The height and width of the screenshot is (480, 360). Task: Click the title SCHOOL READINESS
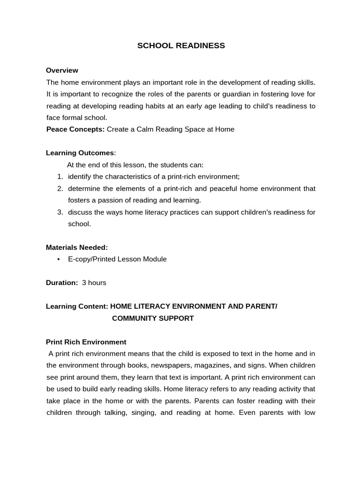(181, 45)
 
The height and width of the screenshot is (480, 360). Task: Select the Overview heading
(62, 70)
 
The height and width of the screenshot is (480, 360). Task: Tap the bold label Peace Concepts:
(75, 129)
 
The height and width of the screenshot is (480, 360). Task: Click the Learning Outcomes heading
(80, 153)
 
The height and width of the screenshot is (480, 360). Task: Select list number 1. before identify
(60, 177)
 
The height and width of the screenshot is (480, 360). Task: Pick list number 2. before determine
(60, 188)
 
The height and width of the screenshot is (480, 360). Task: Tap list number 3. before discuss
(60, 212)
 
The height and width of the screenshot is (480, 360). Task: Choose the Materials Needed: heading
(77, 247)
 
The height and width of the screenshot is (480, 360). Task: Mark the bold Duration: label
(62, 283)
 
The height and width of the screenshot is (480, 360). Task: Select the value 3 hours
(94, 283)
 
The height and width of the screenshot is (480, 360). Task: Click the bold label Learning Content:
(77, 307)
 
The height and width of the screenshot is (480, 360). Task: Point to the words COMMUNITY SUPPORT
(153, 318)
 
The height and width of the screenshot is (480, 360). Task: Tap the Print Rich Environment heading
(86, 342)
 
